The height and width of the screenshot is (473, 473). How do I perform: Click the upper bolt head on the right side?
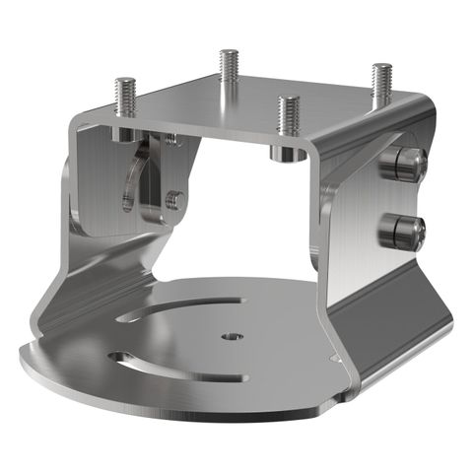[407, 163]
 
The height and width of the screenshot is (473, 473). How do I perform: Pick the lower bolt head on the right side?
[403, 232]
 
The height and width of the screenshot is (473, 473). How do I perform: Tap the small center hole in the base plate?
[233, 336]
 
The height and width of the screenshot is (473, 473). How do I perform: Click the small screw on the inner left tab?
[174, 200]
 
